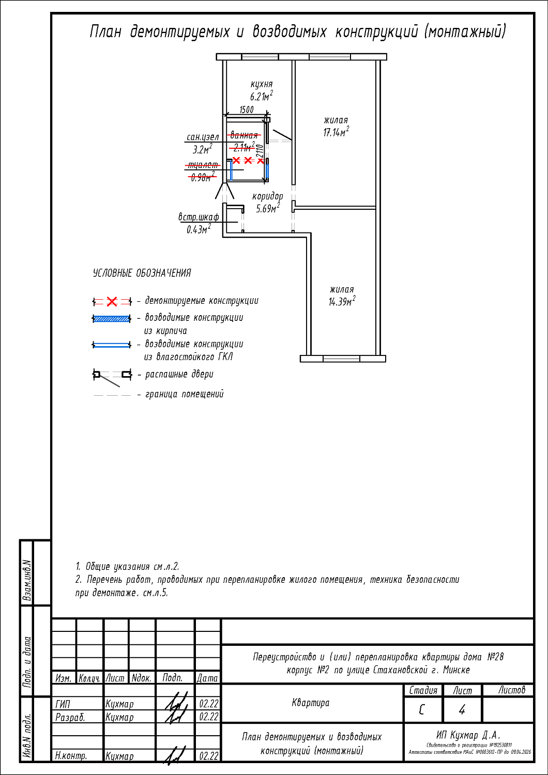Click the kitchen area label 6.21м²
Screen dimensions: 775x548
(261, 97)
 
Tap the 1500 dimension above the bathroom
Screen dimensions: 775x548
(247, 110)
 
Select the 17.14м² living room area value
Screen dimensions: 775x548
(336, 132)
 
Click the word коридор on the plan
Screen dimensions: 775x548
(268, 196)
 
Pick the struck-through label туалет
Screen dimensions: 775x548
(203, 165)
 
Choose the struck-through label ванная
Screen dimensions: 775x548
(244, 135)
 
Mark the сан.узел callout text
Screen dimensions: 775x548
(203, 137)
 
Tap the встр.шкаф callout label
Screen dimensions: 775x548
(199, 217)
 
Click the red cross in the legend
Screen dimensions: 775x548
(112, 301)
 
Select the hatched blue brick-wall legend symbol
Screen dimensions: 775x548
(112, 319)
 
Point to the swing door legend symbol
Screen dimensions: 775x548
(112, 376)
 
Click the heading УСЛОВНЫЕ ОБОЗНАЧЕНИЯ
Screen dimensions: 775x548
(142, 273)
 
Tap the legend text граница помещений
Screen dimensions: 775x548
(184, 394)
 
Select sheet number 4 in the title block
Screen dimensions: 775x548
(462, 710)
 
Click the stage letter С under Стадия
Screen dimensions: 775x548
(422, 710)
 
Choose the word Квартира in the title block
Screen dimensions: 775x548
(310, 703)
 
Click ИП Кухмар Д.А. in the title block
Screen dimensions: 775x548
(468, 735)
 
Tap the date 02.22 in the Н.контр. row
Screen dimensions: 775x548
(208, 756)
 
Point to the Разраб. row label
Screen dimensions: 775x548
(70, 717)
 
